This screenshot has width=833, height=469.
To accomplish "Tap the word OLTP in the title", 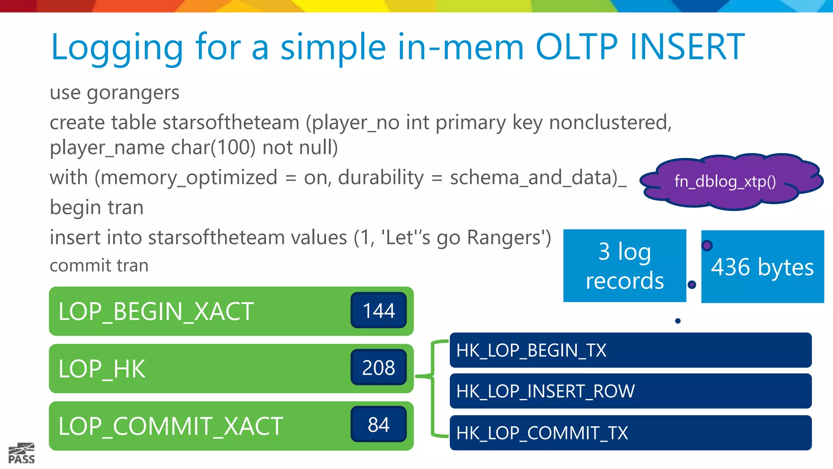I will pyautogui.click(x=577, y=48).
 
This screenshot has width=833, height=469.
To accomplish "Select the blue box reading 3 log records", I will pyautogui.click(x=624, y=266).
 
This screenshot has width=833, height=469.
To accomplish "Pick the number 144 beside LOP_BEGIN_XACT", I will pyautogui.click(x=379, y=311).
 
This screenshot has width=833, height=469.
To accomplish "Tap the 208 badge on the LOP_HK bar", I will pyautogui.click(x=379, y=368).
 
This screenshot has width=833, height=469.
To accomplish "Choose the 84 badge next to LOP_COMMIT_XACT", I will pyautogui.click(x=379, y=425).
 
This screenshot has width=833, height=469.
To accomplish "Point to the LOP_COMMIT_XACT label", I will pyautogui.click(x=170, y=426).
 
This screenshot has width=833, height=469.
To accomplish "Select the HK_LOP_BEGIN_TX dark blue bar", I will pyautogui.click(x=630, y=350).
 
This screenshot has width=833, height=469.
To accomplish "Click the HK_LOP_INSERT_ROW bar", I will pyautogui.click(x=630, y=391).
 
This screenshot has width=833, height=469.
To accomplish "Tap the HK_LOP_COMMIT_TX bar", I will pyautogui.click(x=630, y=433).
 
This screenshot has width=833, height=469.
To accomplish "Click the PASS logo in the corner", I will pyautogui.click(x=22, y=454).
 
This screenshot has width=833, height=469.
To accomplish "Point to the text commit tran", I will pyautogui.click(x=99, y=265).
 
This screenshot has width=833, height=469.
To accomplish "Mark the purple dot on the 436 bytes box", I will pyautogui.click(x=707, y=245).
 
